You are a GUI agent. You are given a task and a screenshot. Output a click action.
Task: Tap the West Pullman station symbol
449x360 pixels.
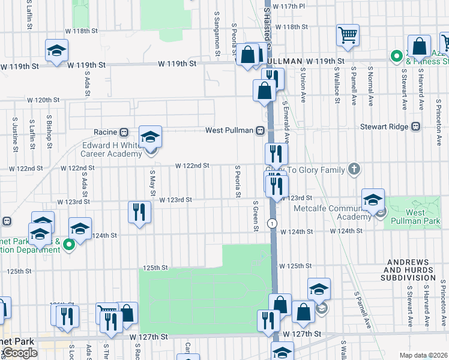click(261, 130)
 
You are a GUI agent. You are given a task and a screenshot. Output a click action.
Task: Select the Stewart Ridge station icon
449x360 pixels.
click(415, 127)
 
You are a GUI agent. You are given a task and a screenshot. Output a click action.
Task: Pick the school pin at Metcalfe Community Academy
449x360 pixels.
click(373, 200)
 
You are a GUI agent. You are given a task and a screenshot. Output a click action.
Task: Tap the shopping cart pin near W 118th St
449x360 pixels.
click(348, 35)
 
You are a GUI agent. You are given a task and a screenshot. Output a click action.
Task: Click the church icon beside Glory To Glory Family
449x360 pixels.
click(354, 170)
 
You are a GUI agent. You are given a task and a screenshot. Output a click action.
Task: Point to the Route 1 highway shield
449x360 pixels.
click(273, 223)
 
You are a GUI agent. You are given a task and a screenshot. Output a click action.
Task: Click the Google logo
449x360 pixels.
click(19, 353)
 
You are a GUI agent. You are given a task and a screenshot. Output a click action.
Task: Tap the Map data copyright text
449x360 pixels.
click(423, 355)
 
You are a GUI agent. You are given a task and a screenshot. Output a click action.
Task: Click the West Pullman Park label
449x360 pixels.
click(415, 217)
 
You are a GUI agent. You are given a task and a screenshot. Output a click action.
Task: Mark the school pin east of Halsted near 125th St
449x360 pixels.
click(319, 289)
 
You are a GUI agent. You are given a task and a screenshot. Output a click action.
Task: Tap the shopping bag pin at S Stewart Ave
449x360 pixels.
click(420, 46)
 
